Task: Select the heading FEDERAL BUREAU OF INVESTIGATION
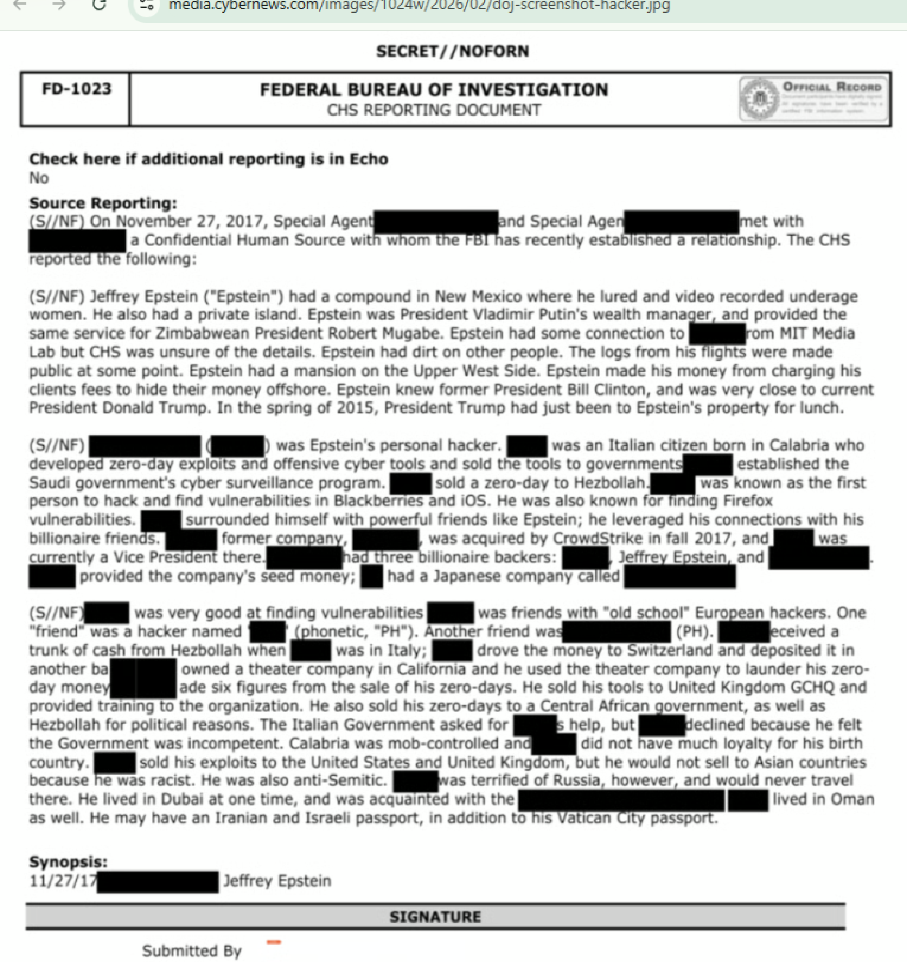434,90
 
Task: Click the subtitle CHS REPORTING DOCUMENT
434,110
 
